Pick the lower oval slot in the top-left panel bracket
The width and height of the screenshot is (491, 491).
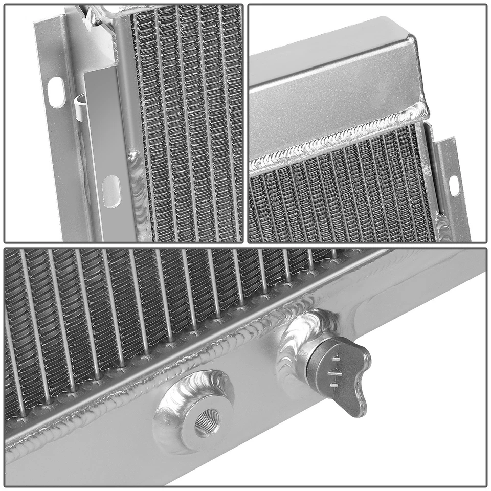pyautogui.click(x=111, y=191)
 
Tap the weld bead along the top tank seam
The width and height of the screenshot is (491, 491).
pyautogui.click(x=338, y=136)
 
